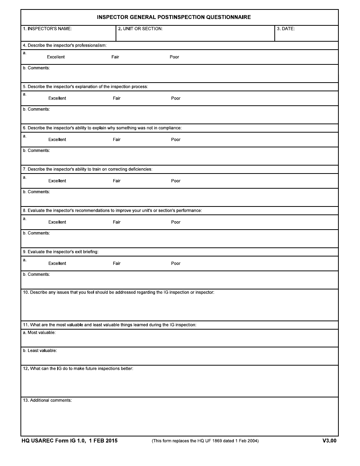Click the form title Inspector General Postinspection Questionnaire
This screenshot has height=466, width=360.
[174, 17]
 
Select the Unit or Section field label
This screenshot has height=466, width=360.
[140, 29]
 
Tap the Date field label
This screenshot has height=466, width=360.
[286, 29]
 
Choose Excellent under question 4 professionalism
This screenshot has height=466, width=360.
[56, 57]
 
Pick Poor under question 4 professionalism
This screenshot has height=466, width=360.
[174, 57]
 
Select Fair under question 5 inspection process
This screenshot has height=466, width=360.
[117, 99]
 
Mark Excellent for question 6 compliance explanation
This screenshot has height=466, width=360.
[57, 140]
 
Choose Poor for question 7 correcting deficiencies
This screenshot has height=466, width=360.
[176, 181]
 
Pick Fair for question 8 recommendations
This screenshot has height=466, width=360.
[117, 222]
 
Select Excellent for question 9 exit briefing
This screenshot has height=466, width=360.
[57, 264]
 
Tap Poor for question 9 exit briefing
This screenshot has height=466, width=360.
[176, 264]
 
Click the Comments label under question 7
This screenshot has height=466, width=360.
[36, 192]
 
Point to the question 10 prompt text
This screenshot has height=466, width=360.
[119, 292]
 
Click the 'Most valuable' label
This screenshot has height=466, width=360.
[39, 333]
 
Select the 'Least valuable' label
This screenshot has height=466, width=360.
[40, 351]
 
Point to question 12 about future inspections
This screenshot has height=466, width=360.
[78, 369]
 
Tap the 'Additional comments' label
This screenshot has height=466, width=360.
[47, 400]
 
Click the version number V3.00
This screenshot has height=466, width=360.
[329, 441]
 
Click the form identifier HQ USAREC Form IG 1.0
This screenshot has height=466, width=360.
[53, 441]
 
